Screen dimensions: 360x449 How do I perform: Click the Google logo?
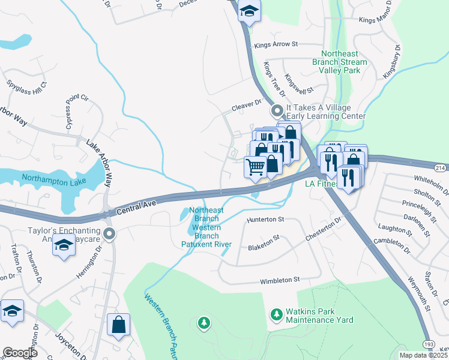(x=19, y=353)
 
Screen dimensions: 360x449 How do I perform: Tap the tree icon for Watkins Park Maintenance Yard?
(x=276, y=314)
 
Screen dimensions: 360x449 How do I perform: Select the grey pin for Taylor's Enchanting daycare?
(x=109, y=232)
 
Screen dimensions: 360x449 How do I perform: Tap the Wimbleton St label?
(x=279, y=280)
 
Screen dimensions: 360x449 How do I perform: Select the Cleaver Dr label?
(x=247, y=106)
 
